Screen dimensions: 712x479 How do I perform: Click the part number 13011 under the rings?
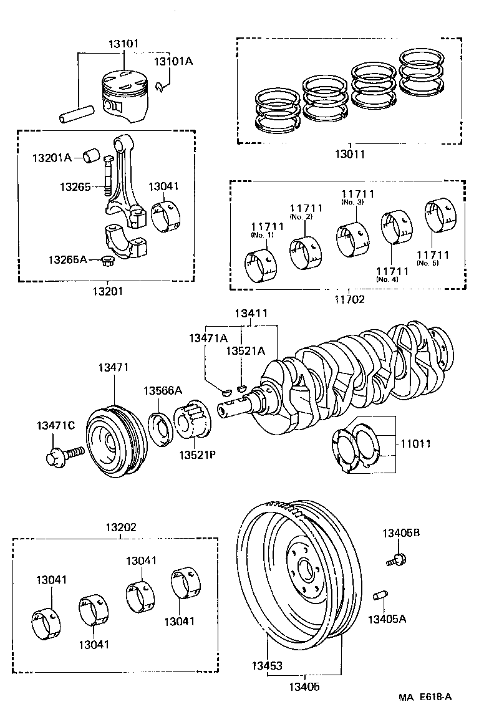(350, 154)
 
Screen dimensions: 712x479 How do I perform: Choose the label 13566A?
(163, 390)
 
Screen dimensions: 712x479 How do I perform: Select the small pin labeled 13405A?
(377, 597)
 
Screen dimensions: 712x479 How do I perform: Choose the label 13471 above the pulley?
(113, 367)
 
